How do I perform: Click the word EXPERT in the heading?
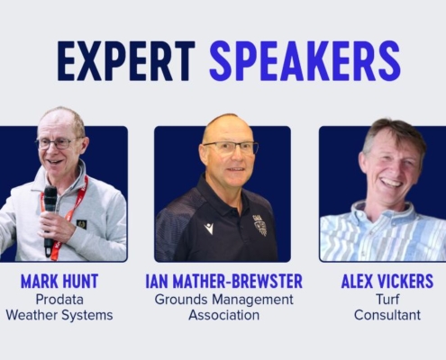126,61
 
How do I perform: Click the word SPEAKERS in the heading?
305,61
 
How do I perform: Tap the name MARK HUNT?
59,282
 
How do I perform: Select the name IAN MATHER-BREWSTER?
224,282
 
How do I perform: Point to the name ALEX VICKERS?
387,282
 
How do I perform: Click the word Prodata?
59,300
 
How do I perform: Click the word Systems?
87,316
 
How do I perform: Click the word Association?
224,315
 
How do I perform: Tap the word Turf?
387,300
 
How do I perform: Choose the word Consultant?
387,315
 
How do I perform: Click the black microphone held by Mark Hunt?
50,219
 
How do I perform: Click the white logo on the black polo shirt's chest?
208,229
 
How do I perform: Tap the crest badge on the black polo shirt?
260,226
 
